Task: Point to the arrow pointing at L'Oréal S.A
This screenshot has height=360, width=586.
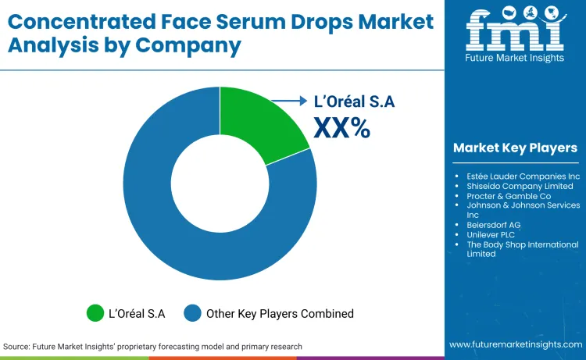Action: pyautogui.click(x=289, y=101)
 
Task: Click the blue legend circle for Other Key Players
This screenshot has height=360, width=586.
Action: pyautogui.click(x=193, y=313)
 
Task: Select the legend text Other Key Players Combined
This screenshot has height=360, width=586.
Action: pyautogui.click(x=280, y=313)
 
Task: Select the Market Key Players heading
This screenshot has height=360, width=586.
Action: pyautogui.click(x=515, y=148)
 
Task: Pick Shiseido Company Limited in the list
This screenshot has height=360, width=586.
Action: pyautogui.click(x=520, y=186)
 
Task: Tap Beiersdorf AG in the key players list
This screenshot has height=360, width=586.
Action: pyautogui.click(x=493, y=225)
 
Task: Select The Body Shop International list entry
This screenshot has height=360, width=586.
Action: pyautogui.click(x=522, y=244)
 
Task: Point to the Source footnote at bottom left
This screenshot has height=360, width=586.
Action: pyautogui.click(x=152, y=346)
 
